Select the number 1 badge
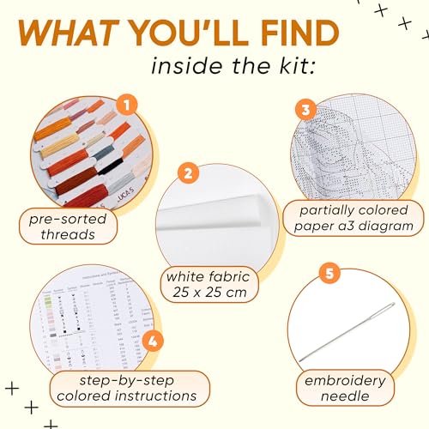[127, 106]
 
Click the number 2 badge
[187, 172]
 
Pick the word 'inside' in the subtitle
[184, 68]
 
